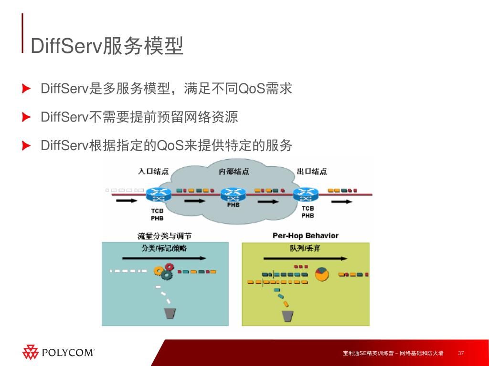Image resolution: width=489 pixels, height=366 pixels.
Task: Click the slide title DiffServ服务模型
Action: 107,46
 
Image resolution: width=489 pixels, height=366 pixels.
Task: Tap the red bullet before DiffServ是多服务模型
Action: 27,89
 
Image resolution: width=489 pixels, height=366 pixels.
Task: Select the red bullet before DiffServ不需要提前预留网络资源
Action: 27,117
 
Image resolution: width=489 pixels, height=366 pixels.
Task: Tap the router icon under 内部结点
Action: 233,194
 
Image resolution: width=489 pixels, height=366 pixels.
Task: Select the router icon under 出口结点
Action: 306,194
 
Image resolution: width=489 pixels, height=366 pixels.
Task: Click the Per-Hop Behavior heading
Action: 306,235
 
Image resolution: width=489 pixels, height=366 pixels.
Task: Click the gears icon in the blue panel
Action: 163,272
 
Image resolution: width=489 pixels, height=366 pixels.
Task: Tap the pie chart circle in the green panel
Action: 322,274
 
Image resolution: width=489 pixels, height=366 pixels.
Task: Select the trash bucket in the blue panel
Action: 170,313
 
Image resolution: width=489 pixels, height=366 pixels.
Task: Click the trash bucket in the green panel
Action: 287,315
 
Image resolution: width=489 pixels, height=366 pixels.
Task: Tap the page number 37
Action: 461,353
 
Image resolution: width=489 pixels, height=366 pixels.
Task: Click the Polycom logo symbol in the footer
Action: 31,352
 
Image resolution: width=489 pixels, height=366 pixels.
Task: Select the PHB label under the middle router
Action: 234,205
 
